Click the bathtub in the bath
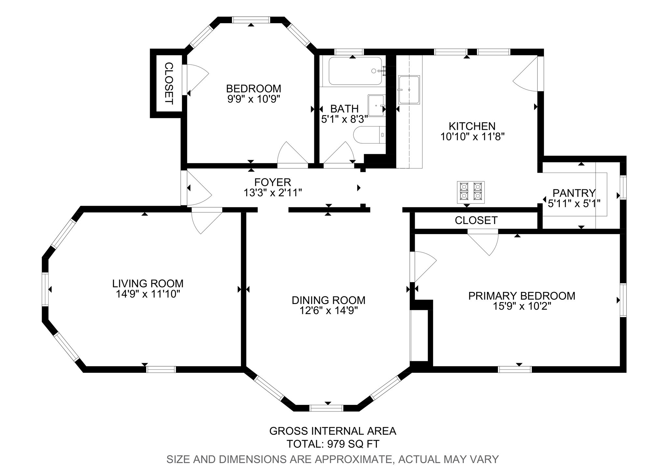click(355, 71)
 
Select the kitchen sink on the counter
click(409, 90)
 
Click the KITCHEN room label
click(472, 126)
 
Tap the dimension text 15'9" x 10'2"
click(522, 306)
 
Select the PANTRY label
click(574, 193)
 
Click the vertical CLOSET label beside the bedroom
click(169, 83)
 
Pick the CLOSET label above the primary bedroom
click(476, 220)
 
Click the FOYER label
click(273, 182)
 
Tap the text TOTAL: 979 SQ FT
click(333, 444)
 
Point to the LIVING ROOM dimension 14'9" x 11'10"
click(148, 294)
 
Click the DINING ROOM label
click(328, 300)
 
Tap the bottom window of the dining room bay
click(326, 408)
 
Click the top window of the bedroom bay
click(251, 20)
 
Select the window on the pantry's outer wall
click(623, 187)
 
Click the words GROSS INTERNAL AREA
click(333, 431)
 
